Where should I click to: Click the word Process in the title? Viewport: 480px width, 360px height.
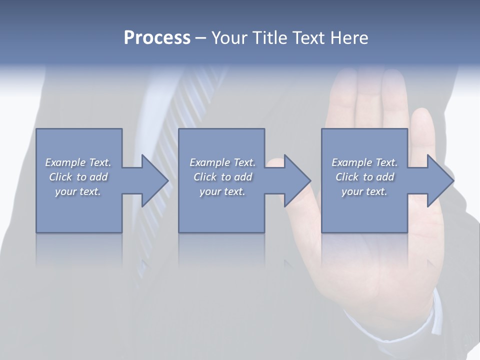coord(157,38)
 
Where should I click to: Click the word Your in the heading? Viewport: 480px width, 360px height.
coord(230,38)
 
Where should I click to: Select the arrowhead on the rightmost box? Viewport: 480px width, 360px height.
coord(440,180)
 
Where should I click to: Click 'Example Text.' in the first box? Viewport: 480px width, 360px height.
coord(78,162)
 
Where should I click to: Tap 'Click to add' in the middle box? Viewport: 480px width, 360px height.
coord(222,177)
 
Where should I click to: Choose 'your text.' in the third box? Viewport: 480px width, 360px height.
coord(364,191)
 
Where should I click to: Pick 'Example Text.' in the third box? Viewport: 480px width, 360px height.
coord(364,162)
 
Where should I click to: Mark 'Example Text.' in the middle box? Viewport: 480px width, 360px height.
coord(222,162)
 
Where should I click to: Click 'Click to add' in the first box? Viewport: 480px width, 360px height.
coord(78,177)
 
